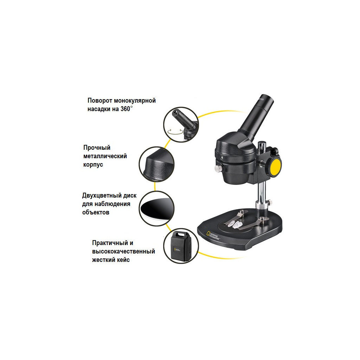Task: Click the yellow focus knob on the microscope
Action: click(x=276, y=167)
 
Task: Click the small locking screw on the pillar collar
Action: click(x=270, y=202)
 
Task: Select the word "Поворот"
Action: click(x=100, y=101)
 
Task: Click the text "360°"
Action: click(x=126, y=109)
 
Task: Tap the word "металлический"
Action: click(x=105, y=156)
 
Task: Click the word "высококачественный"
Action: click(x=123, y=251)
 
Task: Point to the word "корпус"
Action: click(x=93, y=165)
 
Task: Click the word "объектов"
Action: click(x=96, y=212)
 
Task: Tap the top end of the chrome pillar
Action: click(x=262, y=143)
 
